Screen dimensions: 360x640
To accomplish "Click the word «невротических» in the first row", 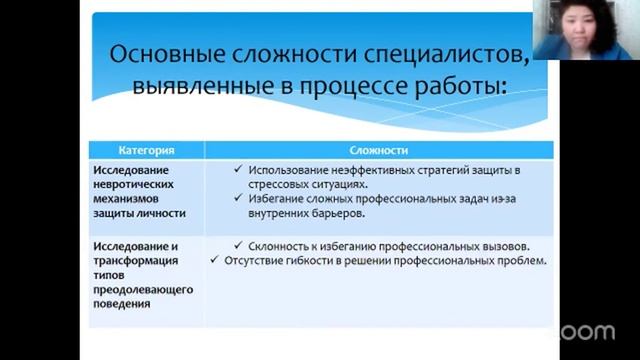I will (x=134, y=185).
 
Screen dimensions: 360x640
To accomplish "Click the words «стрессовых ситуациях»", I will (x=307, y=184).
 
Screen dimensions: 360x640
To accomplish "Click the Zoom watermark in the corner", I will (x=594, y=331).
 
